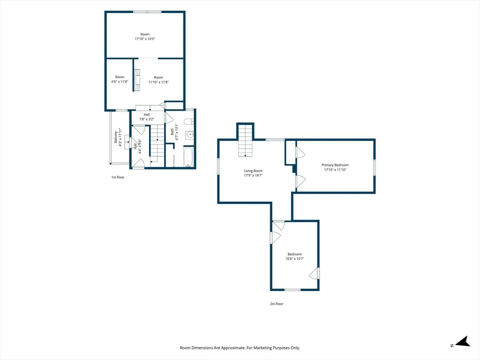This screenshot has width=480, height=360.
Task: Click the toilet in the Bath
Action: [188, 121]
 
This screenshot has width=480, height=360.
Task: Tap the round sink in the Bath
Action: [190, 134]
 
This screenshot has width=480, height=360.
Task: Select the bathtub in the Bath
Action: [188, 157]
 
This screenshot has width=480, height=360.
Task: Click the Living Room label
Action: [253, 171]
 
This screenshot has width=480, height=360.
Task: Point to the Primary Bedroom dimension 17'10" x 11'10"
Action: [335, 170]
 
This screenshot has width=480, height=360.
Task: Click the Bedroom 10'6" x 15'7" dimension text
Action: [294, 259]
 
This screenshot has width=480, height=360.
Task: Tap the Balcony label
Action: [116, 137]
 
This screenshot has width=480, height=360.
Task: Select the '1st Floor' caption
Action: [118, 177]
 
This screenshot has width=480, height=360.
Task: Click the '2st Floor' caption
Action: [277, 304]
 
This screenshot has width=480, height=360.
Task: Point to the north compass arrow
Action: [463, 342]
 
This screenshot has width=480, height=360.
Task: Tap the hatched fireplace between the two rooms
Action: [137, 80]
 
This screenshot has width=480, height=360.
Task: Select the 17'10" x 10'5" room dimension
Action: [145, 39]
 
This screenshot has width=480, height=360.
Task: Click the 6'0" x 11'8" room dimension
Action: [120, 82]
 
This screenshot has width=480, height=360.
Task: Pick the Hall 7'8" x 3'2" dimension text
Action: [147, 119]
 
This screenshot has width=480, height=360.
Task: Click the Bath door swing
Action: [169, 118]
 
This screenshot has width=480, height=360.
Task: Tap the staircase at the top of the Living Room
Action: [246, 140]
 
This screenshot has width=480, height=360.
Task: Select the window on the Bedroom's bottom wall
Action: [292, 290]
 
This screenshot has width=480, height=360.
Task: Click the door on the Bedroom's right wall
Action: [315, 273]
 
